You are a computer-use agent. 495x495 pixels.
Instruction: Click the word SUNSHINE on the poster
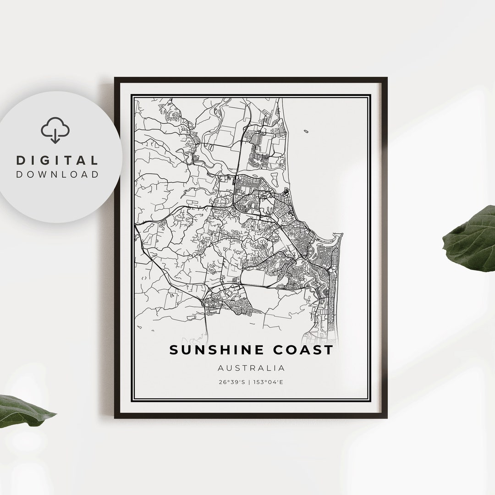click(x=217, y=350)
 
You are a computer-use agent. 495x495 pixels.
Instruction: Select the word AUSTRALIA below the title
click(x=251, y=368)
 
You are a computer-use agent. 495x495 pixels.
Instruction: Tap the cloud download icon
click(x=55, y=130)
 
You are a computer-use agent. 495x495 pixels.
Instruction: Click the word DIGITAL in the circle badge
click(x=57, y=160)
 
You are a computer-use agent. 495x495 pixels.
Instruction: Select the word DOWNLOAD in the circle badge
click(x=57, y=174)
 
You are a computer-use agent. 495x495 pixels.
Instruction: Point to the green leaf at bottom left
click(x=23, y=410)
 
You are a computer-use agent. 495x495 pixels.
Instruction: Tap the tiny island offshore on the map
click(x=306, y=132)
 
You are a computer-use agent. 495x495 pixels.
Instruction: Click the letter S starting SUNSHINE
click(x=174, y=350)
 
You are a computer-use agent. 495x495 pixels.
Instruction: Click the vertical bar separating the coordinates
click(x=251, y=381)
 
